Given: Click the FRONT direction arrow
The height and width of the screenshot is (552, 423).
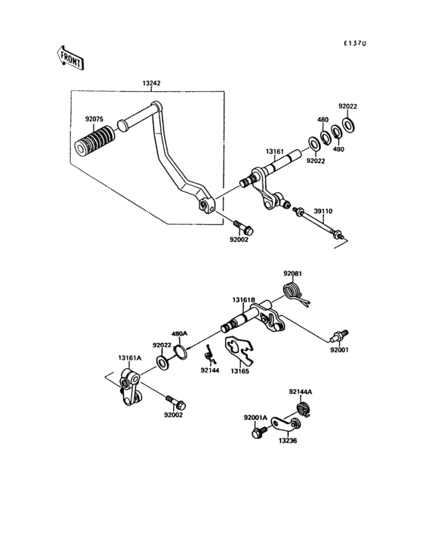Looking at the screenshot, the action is click(x=69, y=58).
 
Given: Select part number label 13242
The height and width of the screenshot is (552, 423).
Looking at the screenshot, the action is click(x=152, y=84).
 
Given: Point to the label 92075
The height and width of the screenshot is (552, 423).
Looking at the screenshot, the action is click(x=94, y=119).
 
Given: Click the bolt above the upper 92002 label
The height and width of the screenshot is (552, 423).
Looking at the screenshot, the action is click(x=243, y=227).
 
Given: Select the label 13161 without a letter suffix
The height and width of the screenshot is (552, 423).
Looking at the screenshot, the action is click(x=275, y=152).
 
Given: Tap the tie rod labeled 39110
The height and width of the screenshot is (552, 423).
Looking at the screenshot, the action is click(x=318, y=223).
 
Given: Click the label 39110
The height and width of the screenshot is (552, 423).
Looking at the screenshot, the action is click(x=323, y=211).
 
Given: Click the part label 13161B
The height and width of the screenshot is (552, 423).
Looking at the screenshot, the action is click(x=243, y=300).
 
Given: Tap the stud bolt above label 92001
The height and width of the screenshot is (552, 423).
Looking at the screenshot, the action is click(x=339, y=335).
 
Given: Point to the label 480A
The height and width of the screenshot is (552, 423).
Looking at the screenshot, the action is click(x=180, y=334).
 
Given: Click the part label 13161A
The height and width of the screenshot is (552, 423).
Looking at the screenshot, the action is click(x=130, y=358).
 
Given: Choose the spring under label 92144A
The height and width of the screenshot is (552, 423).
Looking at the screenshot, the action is click(x=303, y=409).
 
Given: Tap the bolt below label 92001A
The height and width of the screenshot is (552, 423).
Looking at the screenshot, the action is click(x=259, y=432).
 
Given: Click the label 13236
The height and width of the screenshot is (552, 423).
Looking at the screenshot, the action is click(x=288, y=440).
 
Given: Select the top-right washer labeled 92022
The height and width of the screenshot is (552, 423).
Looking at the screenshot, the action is click(x=349, y=125).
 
